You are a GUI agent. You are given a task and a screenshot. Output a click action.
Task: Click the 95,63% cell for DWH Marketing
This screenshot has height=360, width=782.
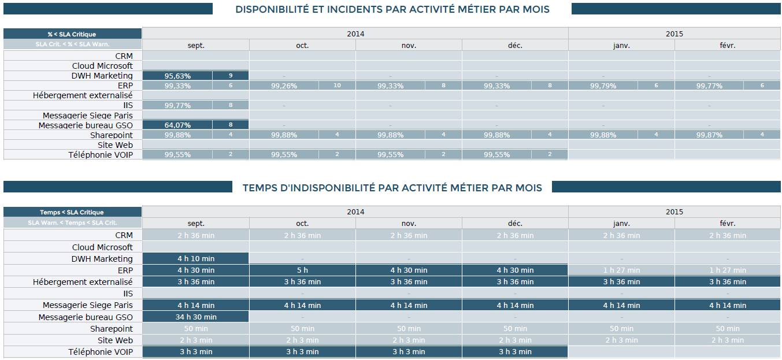[177, 76]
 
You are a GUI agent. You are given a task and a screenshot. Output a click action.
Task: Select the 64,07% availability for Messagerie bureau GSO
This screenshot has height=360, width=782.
[177, 125]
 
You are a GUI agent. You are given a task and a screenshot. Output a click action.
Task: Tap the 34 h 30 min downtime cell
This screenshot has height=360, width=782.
[196, 317]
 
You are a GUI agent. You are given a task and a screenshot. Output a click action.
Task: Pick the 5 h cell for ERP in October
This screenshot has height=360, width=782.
[302, 270]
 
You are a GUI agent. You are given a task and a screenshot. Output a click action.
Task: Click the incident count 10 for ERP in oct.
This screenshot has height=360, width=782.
[337, 86]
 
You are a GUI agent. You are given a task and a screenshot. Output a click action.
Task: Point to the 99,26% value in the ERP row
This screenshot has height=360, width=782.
[284, 86]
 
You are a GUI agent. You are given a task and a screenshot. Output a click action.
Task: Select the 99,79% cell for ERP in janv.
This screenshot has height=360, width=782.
[603, 86]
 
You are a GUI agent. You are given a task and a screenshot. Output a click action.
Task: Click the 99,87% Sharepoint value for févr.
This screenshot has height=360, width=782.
[709, 135]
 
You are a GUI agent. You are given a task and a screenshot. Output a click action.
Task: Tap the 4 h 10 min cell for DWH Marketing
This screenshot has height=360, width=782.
[196, 258]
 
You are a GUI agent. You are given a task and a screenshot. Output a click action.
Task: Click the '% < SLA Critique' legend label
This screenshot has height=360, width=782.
[72, 34]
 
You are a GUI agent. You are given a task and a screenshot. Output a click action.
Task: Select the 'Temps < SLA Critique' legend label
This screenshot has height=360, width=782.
[72, 212]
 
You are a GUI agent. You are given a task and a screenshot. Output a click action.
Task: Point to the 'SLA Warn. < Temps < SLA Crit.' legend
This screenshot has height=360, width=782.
[72, 222]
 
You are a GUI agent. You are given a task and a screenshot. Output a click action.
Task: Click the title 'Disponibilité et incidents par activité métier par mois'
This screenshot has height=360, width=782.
[392, 9]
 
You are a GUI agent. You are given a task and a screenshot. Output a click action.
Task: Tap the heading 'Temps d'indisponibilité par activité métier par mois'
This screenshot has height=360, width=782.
[392, 188]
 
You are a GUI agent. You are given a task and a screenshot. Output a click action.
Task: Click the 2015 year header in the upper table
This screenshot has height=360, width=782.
[674, 34]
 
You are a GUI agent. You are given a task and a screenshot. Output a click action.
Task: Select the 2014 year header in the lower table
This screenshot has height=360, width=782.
[355, 211]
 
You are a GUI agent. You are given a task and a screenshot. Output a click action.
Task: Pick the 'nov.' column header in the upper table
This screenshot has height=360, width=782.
[409, 45]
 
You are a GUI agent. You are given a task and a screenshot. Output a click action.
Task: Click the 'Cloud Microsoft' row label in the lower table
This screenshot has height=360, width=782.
[102, 247]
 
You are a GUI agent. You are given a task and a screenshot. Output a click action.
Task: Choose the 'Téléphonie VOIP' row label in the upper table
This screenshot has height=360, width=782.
[101, 154]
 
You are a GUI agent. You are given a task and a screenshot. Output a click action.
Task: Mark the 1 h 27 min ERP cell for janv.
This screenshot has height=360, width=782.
[621, 270]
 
